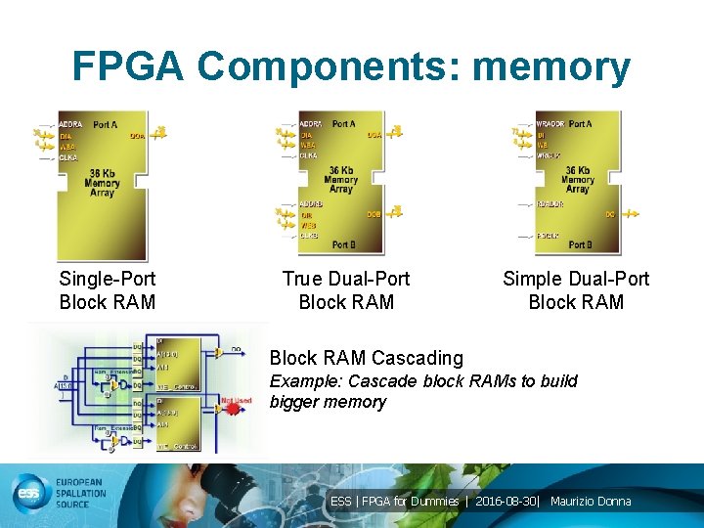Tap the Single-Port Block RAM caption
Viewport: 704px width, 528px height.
[108, 290]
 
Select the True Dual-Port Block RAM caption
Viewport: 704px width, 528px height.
[346, 290]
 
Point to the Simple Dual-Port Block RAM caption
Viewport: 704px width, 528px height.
[576, 290]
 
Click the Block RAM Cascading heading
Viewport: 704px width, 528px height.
[367, 358]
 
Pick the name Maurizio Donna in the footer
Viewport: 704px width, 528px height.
[591, 502]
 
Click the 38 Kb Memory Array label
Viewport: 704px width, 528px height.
[102, 181]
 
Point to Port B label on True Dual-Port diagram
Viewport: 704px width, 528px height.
[343, 244]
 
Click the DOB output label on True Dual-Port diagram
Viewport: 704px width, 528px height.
[374, 214]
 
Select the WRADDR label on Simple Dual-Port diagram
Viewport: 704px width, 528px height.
[550, 124]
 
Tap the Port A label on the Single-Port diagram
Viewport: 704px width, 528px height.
[106, 124]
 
